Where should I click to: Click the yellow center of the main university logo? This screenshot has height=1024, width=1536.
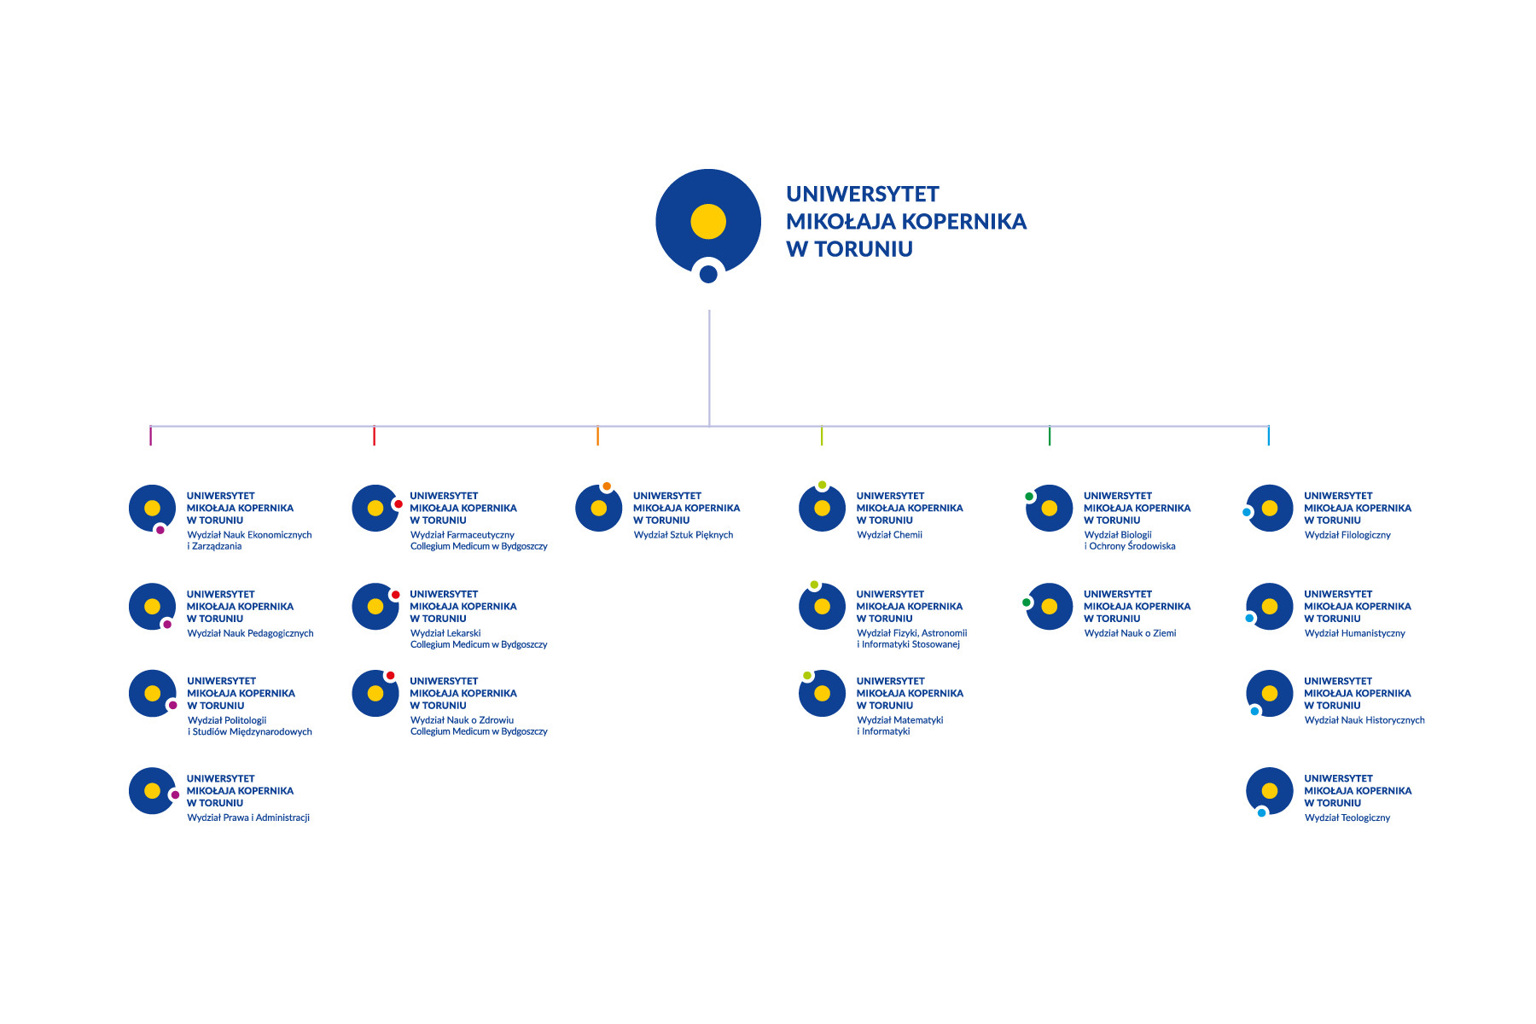708,221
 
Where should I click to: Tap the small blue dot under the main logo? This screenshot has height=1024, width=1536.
708,274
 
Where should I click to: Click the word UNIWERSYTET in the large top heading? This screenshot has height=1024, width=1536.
863,194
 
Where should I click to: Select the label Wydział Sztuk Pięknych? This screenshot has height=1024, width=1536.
684,535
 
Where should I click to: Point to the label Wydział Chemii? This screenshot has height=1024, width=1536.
889,535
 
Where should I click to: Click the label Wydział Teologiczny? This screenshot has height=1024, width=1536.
1347,817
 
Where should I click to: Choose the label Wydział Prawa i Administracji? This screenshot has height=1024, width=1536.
248,817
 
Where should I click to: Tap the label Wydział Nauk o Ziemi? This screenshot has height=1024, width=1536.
1130,633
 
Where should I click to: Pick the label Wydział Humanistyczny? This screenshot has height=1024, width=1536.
1354,633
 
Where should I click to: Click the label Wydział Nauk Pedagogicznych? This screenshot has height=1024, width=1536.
250,633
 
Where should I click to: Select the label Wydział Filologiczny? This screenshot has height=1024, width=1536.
1347,535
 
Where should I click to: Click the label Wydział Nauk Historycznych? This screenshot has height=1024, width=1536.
1364,720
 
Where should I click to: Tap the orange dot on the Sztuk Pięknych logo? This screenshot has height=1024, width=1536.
607,486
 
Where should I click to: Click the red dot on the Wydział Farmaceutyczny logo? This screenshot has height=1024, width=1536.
398,504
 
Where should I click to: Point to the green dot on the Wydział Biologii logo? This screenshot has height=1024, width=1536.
1029,497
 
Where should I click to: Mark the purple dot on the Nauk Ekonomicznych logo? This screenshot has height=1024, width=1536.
160,530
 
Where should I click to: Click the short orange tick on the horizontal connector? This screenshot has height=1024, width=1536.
597,435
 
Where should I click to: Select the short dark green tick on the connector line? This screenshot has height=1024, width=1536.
1050,435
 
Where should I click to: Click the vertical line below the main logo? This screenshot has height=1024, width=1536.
709,368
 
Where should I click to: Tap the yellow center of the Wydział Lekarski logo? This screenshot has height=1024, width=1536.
375,607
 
